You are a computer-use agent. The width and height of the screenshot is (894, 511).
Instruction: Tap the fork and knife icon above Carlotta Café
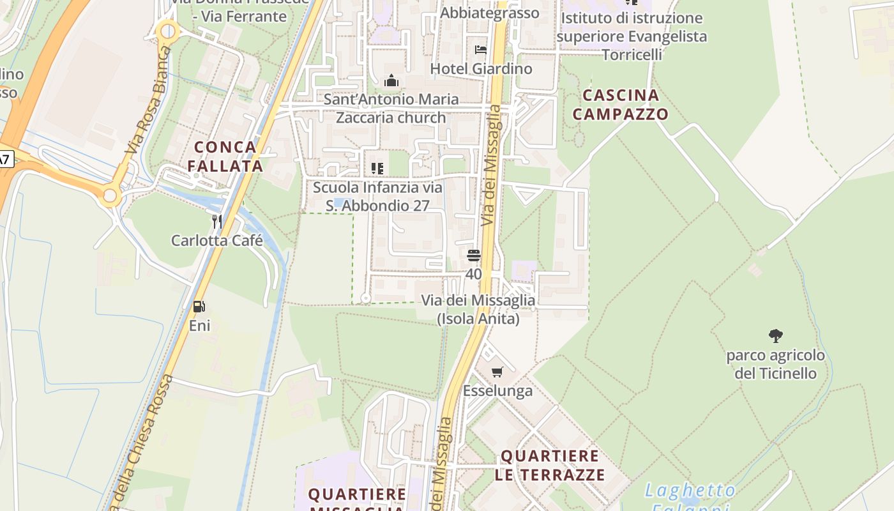click(x=217, y=222)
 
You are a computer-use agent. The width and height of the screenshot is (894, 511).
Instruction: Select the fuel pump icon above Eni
click(x=199, y=307)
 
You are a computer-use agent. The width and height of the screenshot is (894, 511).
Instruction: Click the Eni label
click(x=199, y=326)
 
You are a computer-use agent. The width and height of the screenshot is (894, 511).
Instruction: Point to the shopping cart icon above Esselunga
click(x=497, y=372)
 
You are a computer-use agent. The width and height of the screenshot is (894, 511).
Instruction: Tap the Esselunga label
click(x=497, y=391)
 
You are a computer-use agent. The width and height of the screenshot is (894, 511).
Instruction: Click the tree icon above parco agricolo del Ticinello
click(x=776, y=335)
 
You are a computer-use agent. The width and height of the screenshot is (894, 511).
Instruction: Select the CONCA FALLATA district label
click(x=225, y=156)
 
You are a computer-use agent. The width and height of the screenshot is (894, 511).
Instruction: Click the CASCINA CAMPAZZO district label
click(x=621, y=105)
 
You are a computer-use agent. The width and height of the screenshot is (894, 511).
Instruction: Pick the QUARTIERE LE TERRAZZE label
click(x=549, y=466)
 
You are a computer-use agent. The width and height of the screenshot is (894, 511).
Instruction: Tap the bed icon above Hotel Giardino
click(x=481, y=49)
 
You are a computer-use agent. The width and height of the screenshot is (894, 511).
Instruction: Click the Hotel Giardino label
click(x=481, y=68)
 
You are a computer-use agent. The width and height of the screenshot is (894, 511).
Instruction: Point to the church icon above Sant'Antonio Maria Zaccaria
click(x=391, y=80)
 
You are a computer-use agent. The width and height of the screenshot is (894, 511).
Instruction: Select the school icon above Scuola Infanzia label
click(x=377, y=169)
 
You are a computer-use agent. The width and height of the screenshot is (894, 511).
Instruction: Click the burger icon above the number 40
click(x=473, y=256)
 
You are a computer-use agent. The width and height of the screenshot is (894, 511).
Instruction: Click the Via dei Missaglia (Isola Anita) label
click(x=478, y=309)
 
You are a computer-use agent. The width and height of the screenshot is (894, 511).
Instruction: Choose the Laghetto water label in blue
click(x=690, y=491)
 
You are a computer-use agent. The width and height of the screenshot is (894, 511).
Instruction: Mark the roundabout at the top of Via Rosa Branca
click(x=168, y=30)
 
